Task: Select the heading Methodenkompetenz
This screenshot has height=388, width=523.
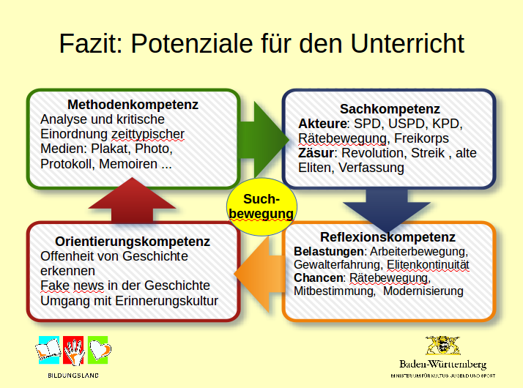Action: pos(133,105)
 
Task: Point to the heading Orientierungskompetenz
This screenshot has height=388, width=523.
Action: pos(133,242)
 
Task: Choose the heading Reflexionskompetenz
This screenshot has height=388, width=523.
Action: pos(387,237)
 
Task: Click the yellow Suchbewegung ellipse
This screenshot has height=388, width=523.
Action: pos(261,206)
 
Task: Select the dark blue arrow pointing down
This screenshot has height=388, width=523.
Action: pos(387,207)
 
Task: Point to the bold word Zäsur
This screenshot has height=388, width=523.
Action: pos(316,153)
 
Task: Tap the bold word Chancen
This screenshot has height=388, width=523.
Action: pos(319,278)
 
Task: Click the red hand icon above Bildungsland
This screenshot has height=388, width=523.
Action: pos(73,351)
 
